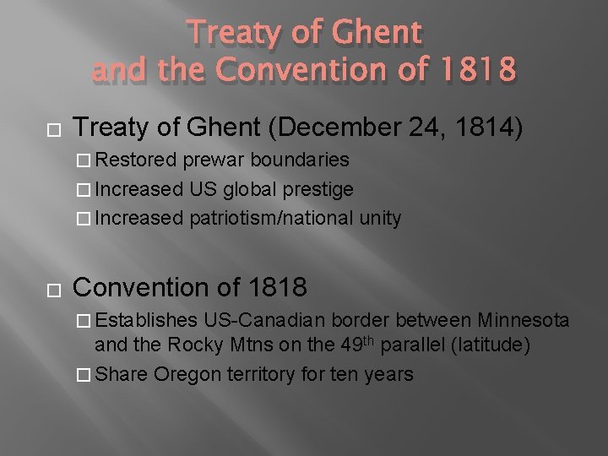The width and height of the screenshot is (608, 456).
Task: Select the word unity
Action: (x=379, y=217)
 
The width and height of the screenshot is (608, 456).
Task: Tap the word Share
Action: (x=123, y=373)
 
